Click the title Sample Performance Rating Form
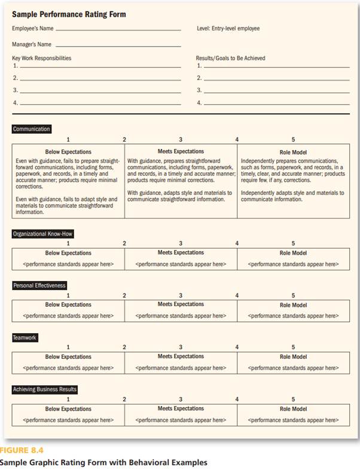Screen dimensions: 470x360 tap(69, 14)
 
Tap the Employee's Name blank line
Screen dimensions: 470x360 tap(117, 29)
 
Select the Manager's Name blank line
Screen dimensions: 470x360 tap(117, 45)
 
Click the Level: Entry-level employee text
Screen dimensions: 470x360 tap(228, 28)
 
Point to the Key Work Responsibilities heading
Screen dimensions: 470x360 tap(41, 58)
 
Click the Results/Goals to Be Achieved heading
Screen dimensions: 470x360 tap(230, 58)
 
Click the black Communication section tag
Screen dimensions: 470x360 tap(31, 129)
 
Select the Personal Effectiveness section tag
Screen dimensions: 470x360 tap(39, 286)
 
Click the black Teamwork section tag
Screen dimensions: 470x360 tap(25, 338)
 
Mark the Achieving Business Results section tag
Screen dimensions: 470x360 tap(45, 390)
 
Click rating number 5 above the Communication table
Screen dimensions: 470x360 tap(293, 139)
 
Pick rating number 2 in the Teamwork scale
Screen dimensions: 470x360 tap(124, 347)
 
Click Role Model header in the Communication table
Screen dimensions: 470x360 tap(293, 152)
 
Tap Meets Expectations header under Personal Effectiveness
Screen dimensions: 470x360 tap(181, 304)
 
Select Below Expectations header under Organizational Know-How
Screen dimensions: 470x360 tap(68, 253)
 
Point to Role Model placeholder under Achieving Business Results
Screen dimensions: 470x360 tap(293, 420)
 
